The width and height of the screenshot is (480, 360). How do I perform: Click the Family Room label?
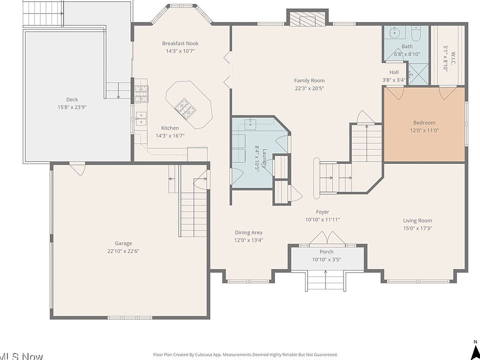[x=309, y=80]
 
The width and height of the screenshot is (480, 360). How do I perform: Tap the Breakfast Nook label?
[x=180, y=43]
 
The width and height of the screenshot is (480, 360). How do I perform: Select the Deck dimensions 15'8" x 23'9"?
[x=72, y=107]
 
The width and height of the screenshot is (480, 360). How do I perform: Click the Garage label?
[x=123, y=243]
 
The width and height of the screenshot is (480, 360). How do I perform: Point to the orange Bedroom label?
[x=424, y=123]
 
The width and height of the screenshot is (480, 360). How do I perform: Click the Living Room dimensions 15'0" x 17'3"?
[x=417, y=228]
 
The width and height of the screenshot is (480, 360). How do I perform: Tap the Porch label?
[x=326, y=251]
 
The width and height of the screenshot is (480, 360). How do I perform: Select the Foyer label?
[x=322, y=212]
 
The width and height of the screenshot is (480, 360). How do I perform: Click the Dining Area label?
[x=248, y=232]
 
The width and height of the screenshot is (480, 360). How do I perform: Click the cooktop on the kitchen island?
[x=184, y=108]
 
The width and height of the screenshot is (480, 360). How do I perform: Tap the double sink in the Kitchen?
[x=141, y=118]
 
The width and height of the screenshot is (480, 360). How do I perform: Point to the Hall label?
[x=394, y=72]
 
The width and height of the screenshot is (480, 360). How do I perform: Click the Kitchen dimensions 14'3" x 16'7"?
[x=170, y=135]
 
